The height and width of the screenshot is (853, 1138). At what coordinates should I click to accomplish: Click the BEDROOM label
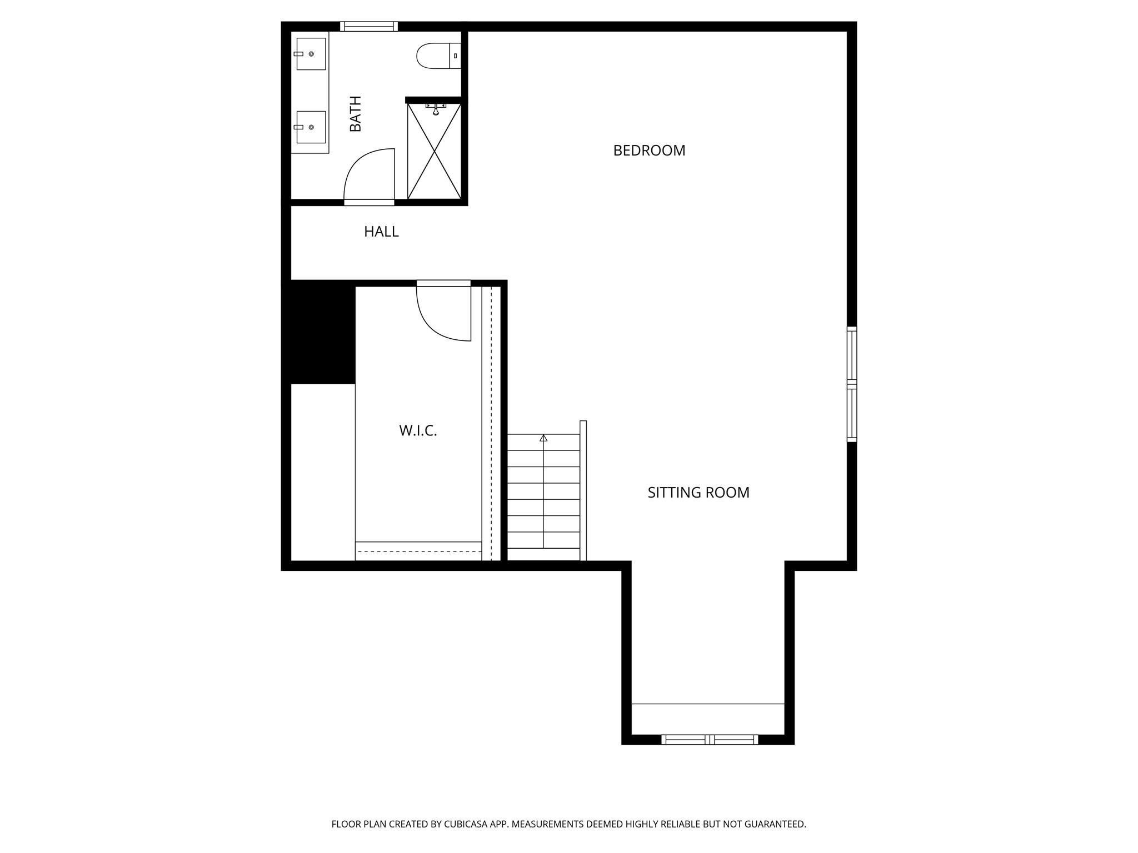649,150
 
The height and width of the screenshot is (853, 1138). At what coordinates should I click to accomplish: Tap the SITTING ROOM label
698,493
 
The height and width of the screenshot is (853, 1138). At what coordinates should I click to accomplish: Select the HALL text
381,232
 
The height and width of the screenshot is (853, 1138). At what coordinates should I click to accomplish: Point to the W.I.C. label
418,431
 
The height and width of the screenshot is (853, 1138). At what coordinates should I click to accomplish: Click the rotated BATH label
355,114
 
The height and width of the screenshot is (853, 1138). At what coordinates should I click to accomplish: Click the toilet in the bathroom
438,56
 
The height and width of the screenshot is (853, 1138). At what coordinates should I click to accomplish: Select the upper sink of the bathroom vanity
311,54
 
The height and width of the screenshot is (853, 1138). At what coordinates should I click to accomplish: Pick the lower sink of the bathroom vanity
311,127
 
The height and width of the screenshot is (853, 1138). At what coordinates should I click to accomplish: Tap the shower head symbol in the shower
436,109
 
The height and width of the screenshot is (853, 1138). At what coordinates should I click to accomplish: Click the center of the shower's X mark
435,151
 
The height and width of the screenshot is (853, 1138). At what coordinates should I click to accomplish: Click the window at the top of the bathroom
369,26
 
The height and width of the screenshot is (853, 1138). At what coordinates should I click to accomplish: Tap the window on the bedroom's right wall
852,384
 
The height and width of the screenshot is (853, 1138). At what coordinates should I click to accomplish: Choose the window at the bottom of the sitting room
710,739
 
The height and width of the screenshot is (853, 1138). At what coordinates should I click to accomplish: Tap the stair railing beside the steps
583,491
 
